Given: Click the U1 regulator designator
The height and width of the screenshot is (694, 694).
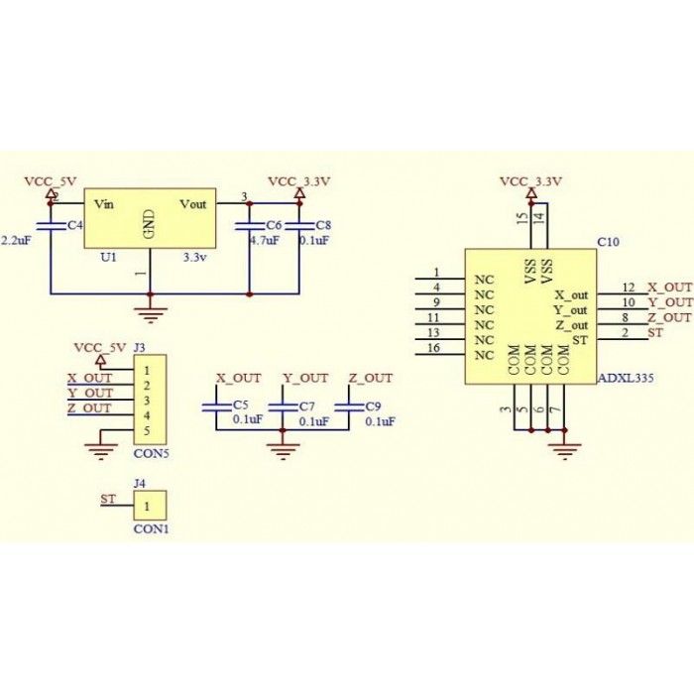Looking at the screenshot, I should [x=109, y=256].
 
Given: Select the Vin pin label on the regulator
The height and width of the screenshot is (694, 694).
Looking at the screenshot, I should [x=104, y=204].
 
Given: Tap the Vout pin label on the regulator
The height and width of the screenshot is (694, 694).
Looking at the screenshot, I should [x=192, y=204].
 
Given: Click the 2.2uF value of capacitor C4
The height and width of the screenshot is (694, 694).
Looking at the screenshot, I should [x=17, y=241].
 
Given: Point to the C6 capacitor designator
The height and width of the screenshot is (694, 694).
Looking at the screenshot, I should [x=274, y=226].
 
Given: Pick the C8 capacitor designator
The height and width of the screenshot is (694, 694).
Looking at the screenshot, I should [x=323, y=226].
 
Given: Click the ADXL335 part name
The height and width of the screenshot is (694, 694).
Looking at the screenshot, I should [x=626, y=378].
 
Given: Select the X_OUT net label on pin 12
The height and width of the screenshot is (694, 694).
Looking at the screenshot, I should [x=669, y=287].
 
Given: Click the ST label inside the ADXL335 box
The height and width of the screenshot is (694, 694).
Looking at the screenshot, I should [x=579, y=340].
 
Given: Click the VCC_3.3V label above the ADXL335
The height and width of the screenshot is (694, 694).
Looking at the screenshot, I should [x=530, y=181].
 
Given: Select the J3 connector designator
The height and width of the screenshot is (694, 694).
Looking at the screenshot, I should [x=139, y=348].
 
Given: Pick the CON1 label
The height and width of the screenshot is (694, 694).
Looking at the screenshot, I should [x=151, y=529].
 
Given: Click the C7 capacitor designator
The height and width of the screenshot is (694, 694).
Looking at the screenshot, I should [x=306, y=406].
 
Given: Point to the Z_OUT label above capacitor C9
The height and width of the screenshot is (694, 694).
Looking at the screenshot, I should [x=370, y=378].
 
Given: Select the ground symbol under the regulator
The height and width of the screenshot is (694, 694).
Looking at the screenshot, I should [x=150, y=315].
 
